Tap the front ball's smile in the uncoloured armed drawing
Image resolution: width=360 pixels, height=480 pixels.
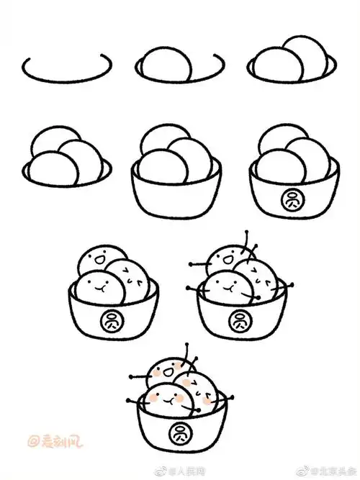click(228, 286)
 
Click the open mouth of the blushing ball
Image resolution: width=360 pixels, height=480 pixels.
click(165, 372)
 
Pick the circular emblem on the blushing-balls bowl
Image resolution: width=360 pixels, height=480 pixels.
click(176, 434)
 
